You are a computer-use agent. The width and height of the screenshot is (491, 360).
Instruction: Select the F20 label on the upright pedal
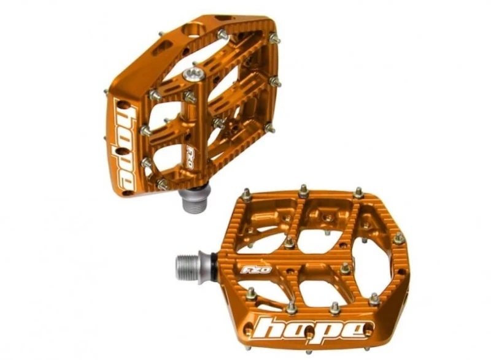pyautogui.click(x=190, y=155)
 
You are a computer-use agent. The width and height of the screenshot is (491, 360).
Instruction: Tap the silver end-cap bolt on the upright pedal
pyautogui.click(x=193, y=74)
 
